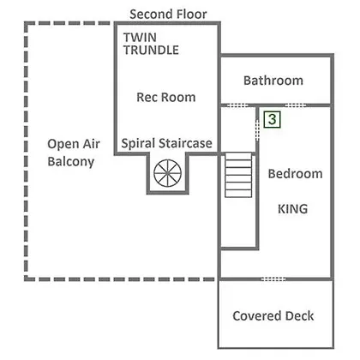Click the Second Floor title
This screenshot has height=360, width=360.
click(x=168, y=15)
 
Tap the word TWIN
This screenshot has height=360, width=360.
click(x=140, y=38)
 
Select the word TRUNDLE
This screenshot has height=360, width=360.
click(x=151, y=50)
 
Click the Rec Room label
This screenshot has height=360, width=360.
click(x=166, y=97)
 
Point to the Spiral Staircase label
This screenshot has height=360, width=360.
click(x=166, y=143)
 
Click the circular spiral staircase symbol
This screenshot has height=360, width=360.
click(x=167, y=173)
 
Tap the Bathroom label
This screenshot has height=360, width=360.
click(x=273, y=81)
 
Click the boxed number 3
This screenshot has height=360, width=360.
click(x=273, y=119)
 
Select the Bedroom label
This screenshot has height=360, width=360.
click(x=296, y=174)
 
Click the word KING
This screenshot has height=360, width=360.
click(x=293, y=209)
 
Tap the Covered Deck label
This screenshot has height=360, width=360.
click(x=273, y=316)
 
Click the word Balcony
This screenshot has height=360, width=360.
click(x=71, y=162)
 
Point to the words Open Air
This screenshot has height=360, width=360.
click(x=74, y=144)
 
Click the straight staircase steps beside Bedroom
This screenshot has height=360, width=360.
click(x=238, y=175)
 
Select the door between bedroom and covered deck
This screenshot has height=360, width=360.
click(x=273, y=279)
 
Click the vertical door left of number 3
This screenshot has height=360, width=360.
click(x=257, y=130)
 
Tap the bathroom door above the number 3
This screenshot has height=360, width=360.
click(x=296, y=105)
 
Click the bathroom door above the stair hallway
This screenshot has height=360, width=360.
click(x=237, y=105)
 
